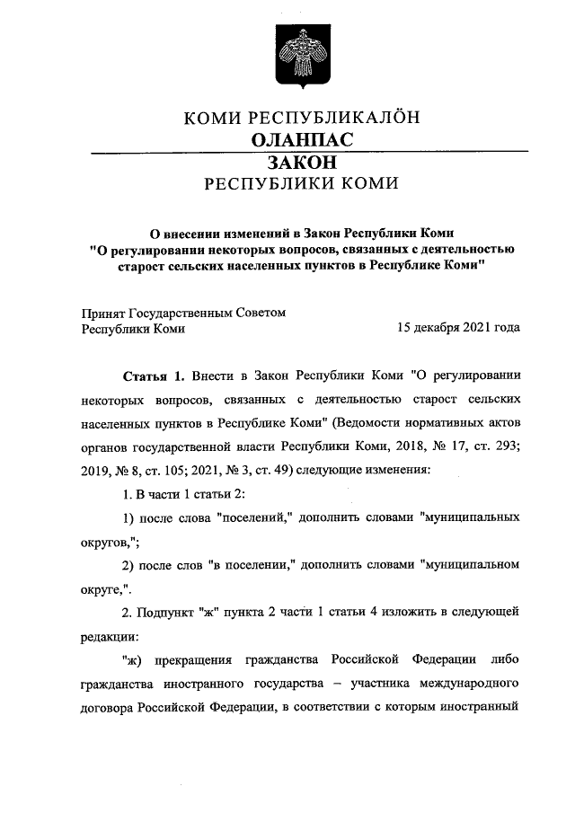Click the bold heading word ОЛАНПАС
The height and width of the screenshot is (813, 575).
pyautogui.click(x=302, y=140)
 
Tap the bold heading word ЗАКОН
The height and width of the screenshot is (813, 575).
pyautogui.click(x=302, y=163)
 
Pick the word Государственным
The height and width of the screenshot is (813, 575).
pyautogui.click(x=181, y=313)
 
